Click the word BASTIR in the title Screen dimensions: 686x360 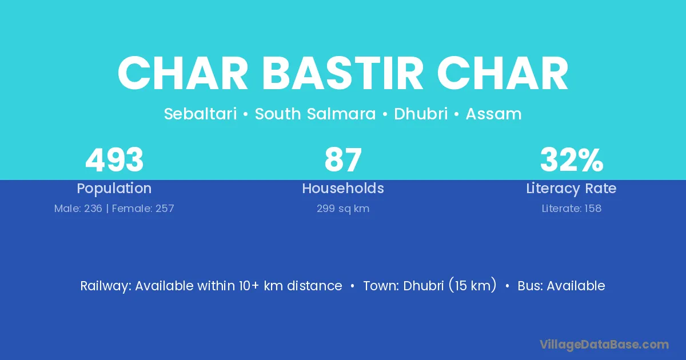coord(342,74)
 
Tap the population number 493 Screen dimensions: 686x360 coord(114,159)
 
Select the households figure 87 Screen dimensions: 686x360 coord(343,159)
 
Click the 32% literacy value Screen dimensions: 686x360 coord(572,159)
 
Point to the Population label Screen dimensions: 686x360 coord(114,189)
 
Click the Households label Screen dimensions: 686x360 coord(343,188)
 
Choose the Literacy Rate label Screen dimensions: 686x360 coord(571,189)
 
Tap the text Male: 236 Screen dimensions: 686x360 coord(78,209)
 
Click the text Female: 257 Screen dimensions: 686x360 coord(143,209)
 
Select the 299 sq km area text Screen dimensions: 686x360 coord(343,209)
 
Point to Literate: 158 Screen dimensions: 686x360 coord(572,209)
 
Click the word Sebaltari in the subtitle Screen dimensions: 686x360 coord(200,114)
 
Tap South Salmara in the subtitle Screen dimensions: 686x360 coord(315,114)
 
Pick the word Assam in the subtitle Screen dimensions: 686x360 coord(494,114)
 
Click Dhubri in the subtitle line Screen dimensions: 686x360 coord(421,114)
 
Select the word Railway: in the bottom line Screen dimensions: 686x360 coord(106,286)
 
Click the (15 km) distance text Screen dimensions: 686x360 coord(473,285)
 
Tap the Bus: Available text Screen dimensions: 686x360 coord(561,286)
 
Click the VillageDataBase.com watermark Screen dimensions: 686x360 coord(604,345)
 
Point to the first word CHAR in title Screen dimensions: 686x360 coord(182,74)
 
